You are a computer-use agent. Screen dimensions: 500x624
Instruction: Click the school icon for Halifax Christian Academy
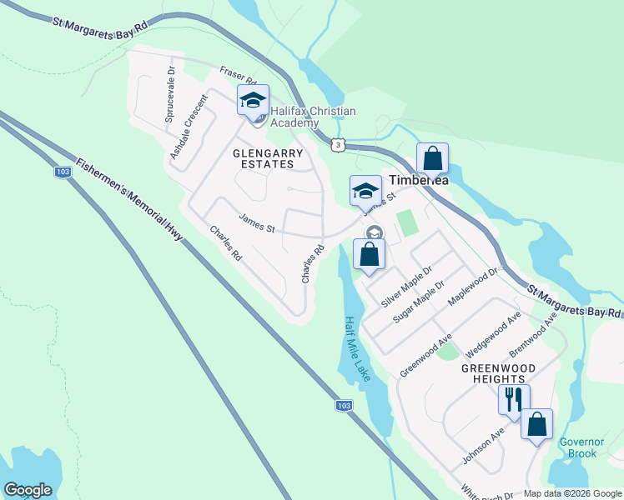tap(253, 101)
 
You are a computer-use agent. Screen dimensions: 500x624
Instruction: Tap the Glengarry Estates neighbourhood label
tap(263, 158)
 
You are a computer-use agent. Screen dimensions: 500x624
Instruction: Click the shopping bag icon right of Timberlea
tap(432, 158)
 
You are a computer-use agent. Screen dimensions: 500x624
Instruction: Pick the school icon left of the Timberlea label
tap(365, 192)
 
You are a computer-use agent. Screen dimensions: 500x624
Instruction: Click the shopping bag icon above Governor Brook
tap(536, 424)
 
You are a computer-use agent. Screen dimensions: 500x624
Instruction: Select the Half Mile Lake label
tap(356, 349)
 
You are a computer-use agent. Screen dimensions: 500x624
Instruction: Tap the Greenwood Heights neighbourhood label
tap(498, 372)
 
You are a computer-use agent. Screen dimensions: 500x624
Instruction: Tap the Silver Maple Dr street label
tap(406, 287)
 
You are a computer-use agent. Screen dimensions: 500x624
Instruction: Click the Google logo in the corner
tap(28, 490)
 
